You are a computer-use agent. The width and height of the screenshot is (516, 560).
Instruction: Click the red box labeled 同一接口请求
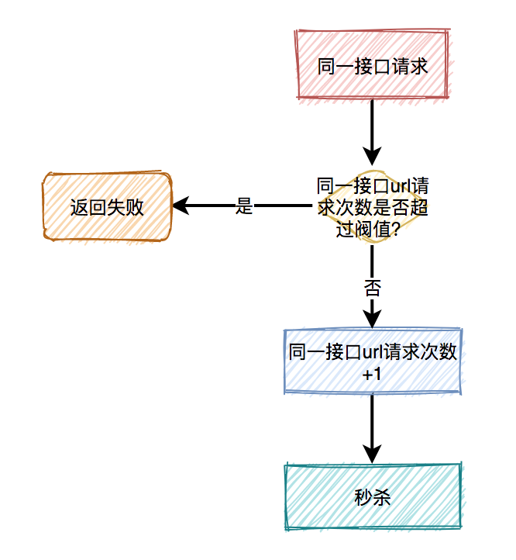(x=372, y=65)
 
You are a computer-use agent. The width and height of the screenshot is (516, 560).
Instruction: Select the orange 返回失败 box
(x=107, y=207)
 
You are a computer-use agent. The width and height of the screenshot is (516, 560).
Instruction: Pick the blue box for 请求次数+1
(x=372, y=362)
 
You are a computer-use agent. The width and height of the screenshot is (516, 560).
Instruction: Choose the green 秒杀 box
(x=372, y=497)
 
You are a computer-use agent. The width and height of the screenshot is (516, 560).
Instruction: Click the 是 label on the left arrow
(x=244, y=207)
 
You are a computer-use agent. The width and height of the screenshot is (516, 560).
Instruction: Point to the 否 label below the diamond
(x=372, y=289)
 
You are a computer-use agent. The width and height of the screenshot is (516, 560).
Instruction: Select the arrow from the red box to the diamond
(x=372, y=128)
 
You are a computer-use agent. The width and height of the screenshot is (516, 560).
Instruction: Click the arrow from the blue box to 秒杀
(x=372, y=427)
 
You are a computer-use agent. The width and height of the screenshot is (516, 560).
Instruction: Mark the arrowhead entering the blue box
(x=372, y=320)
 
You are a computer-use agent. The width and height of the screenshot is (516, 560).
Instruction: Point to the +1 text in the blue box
(x=372, y=374)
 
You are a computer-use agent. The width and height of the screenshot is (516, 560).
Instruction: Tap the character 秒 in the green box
(x=363, y=497)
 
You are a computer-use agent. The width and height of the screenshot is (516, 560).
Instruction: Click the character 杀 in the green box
(x=381, y=497)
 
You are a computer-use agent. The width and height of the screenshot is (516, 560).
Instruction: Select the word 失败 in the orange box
(x=125, y=207)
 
